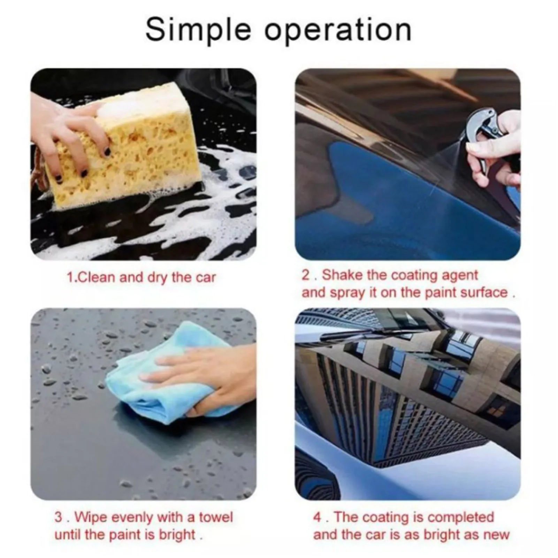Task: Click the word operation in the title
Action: [338, 31]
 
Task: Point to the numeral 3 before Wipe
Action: [59, 517]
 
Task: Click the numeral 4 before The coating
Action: [317, 517]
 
